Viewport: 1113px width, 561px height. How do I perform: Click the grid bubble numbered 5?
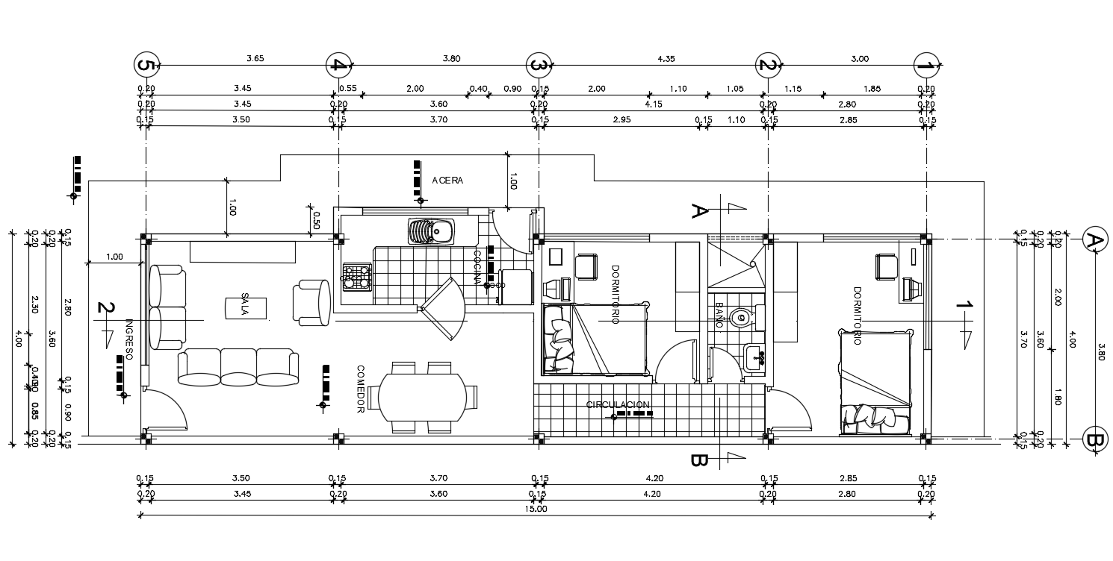146,66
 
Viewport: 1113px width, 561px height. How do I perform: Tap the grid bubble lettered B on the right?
1094,440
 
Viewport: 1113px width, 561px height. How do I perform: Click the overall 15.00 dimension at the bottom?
536,510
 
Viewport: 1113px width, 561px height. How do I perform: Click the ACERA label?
447,181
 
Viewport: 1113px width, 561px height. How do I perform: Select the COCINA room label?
477,267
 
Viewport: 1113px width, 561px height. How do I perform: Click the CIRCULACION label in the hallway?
618,405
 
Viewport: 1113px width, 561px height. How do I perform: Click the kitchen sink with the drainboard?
430,232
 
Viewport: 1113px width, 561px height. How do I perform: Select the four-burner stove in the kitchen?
356,277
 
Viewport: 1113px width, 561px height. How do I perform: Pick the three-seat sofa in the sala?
238,366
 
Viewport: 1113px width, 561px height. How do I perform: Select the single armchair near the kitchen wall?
311,303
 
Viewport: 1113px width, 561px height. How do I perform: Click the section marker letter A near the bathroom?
698,211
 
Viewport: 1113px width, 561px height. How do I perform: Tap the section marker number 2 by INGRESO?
106,307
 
